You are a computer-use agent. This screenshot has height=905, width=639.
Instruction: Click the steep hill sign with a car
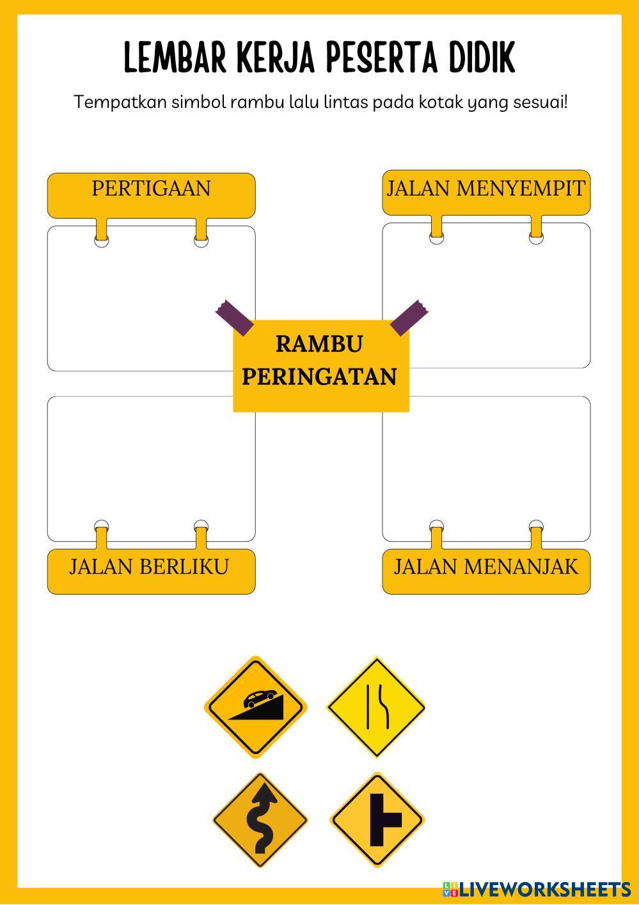pos(255,707)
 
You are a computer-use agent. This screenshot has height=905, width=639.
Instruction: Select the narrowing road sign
pos(376,707)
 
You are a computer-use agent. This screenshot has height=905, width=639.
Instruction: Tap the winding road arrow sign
pos(260,821)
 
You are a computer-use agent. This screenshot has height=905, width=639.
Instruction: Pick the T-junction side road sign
pos(377,821)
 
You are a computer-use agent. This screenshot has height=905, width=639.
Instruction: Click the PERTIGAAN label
pos(151,189)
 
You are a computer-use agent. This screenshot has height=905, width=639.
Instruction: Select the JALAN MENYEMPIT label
pos(486,189)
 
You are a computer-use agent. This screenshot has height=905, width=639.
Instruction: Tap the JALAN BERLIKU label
pos(149,567)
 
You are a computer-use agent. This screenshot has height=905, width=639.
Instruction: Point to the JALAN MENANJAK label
pos(486,567)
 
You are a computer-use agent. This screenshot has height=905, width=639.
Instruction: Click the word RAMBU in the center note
pos(319,344)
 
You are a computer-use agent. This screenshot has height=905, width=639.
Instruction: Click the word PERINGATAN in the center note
pos(319,377)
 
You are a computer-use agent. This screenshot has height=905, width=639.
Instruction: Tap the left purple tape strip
pos(234,317)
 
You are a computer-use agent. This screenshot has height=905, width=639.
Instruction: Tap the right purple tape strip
pos(409,317)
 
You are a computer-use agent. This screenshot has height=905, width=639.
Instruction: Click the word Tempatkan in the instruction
pos(120,102)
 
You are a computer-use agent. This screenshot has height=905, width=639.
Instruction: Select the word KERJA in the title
pos(279,59)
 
